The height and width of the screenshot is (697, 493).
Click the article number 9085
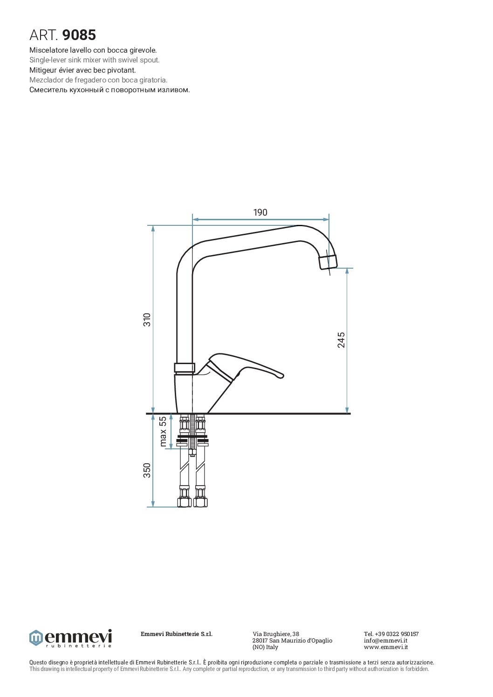point(79,35)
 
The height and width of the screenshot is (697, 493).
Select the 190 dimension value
point(260,212)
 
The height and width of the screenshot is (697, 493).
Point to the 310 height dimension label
point(147,319)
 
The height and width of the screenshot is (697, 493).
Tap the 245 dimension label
point(342,340)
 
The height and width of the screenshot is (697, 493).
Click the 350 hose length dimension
point(147,470)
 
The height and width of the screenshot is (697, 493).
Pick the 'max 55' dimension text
point(163,432)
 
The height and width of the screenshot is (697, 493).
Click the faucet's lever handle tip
point(281,377)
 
